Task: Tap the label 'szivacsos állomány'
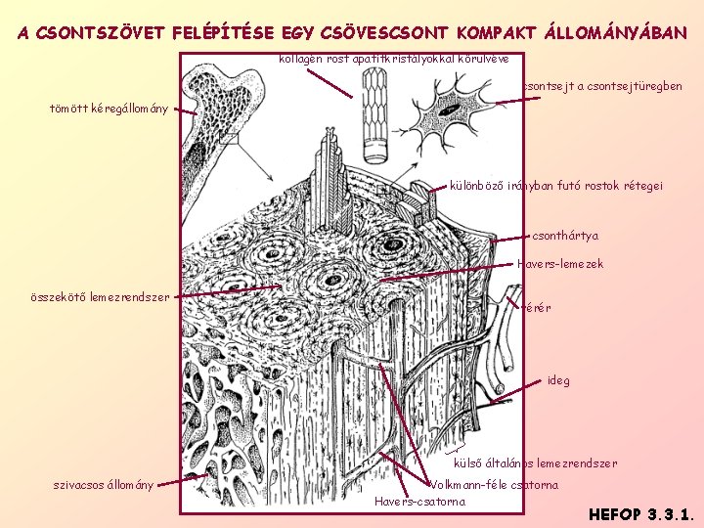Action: [x=104, y=486]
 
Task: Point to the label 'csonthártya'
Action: [x=565, y=236]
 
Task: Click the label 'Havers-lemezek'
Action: [x=559, y=264]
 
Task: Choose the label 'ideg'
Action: [x=558, y=380]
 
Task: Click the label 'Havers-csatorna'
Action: [x=419, y=503]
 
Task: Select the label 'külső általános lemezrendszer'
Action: [x=536, y=463]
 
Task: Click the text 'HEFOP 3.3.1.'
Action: [x=641, y=511]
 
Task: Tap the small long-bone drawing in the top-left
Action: [x=220, y=108]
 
